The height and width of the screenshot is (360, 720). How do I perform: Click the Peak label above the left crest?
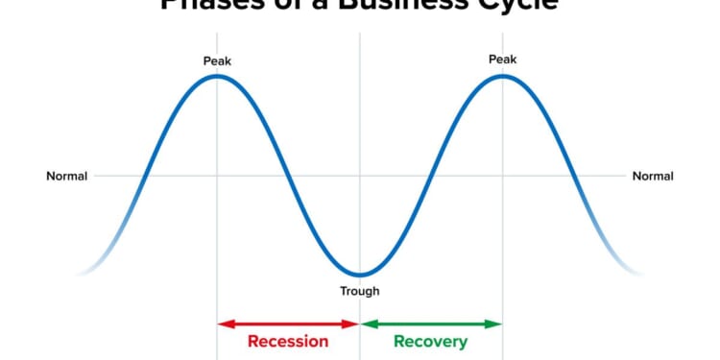coord(217,61)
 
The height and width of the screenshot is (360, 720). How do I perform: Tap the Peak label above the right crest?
coord(503,60)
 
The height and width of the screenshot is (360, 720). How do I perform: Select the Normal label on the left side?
coord(67,176)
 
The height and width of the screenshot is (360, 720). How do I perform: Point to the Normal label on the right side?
coord(653,176)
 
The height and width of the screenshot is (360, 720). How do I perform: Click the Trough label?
coord(360,291)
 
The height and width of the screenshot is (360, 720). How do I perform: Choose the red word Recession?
coord(288,342)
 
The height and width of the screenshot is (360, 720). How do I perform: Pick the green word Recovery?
coord(431,342)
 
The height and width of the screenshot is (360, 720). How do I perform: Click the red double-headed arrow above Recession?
coord(288,324)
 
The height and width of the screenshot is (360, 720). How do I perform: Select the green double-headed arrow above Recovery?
coord(431,324)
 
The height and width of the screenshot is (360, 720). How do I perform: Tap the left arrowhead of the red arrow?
coord(224,324)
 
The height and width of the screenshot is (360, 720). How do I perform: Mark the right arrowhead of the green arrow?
coord(496,324)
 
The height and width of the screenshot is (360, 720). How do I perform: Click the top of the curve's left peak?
coord(217,76)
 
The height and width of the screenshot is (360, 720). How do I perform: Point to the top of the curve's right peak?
coord(503,76)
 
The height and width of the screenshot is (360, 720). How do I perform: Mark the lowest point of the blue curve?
coord(360,276)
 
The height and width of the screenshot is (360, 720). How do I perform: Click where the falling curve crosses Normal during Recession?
coord(288,176)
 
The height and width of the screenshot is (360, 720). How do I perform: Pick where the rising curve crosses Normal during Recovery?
coord(432,176)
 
